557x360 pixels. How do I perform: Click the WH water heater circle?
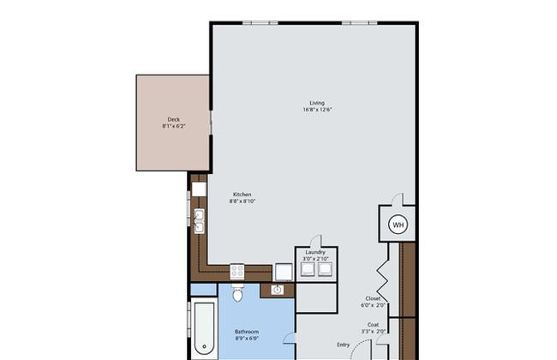coord(398,225)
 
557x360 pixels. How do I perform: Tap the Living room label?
coord(317,103)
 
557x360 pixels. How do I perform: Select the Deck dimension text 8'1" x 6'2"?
coord(174,126)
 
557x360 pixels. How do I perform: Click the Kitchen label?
coord(242,195)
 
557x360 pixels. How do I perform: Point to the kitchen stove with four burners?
coord(237,272)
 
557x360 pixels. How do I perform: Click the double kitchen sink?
coord(200,221)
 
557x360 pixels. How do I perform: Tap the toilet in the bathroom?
coord(237,292)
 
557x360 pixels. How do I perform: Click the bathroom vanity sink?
coord(277,290)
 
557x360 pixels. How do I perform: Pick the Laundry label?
coord(315,252)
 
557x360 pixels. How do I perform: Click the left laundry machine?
coord(308,269)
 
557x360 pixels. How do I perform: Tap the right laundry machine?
coord(325,269)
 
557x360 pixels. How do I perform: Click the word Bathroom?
coord(247,332)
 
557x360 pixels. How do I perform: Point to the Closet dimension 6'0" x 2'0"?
coord(373,305)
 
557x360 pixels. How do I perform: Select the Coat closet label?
coord(373,325)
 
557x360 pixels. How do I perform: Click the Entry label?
coord(343,345)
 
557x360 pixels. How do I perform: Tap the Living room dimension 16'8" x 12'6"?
coord(317,110)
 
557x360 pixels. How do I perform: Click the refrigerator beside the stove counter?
coord(284,273)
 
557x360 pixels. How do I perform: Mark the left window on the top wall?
coord(261,23)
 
